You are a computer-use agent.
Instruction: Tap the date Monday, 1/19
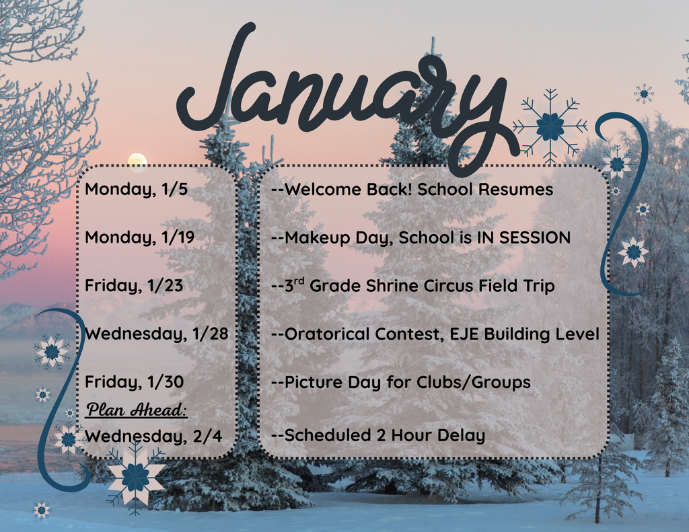point(139,237)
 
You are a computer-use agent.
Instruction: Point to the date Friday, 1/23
point(133,286)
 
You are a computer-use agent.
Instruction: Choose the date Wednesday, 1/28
point(156,334)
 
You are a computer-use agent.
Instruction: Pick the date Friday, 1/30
point(134,382)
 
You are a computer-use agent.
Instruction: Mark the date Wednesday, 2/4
point(153,436)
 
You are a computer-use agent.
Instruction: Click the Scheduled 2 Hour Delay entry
point(378,436)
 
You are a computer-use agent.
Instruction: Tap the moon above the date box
point(137,162)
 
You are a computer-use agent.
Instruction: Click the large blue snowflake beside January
point(550,126)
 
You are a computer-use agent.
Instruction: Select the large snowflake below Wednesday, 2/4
point(136,477)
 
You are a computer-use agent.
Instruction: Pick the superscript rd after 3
point(300,281)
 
